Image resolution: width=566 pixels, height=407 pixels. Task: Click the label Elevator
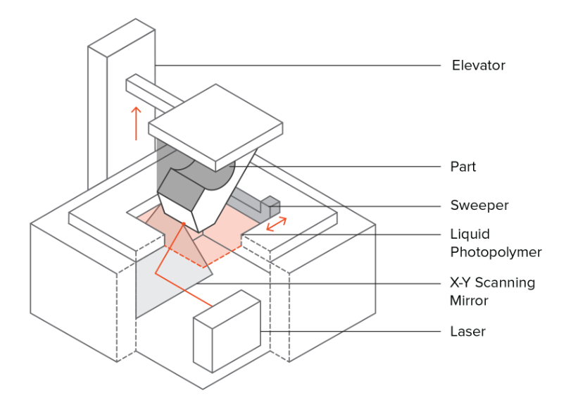(x=478, y=66)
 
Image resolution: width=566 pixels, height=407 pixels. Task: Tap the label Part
(x=463, y=168)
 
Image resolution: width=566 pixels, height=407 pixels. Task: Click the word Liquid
(x=470, y=234)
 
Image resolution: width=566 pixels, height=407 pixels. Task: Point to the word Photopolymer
(x=496, y=251)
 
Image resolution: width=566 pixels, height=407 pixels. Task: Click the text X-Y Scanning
(x=492, y=283)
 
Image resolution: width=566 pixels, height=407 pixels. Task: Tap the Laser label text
(x=467, y=331)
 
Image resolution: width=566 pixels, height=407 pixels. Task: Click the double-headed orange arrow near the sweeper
(x=275, y=225)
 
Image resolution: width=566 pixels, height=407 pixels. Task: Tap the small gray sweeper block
(x=270, y=207)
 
